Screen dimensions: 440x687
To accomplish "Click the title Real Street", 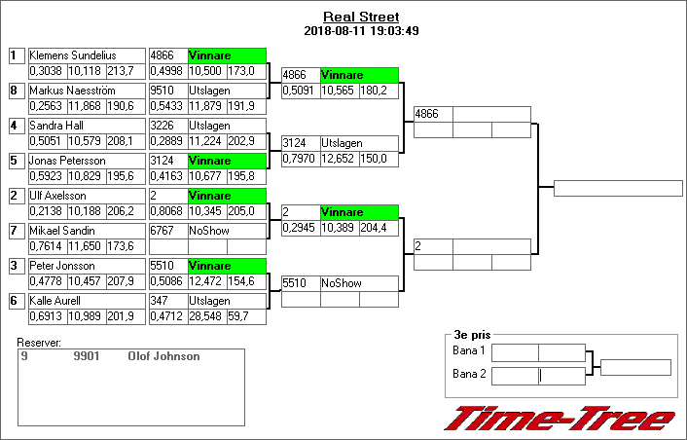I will tap(360, 17).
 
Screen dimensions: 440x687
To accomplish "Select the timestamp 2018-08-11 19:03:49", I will tap(360, 30).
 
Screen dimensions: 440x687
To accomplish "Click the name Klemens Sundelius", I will tap(73, 55).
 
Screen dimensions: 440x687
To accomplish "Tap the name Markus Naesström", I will tap(73, 91).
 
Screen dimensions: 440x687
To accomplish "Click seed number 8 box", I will tap(15, 91).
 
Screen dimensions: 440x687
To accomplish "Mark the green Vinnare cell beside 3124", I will tap(226, 161).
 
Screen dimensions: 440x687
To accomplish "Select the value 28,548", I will tap(206, 315).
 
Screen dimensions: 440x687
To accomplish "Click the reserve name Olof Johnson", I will tap(163, 356).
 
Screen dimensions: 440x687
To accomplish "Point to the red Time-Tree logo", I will tap(560, 419).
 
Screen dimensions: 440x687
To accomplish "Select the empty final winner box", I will tap(618, 188).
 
